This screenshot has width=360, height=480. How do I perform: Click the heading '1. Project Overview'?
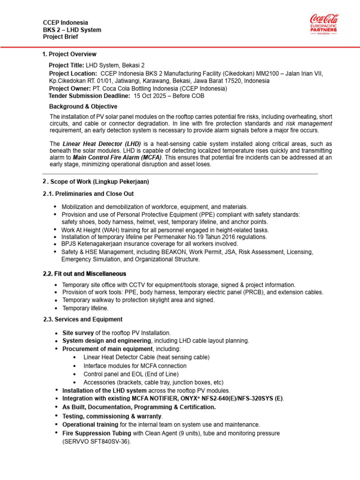click(69, 54)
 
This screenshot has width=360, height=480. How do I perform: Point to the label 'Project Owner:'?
click(69, 88)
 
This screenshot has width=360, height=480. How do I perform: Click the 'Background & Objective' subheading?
click(83, 107)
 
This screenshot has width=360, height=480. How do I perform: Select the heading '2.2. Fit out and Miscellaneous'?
click(84, 274)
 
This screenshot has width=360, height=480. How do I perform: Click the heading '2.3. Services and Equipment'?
click(82, 319)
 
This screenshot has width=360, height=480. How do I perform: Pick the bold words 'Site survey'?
click(78, 332)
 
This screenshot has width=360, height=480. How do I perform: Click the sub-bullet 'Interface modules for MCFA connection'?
click(135, 366)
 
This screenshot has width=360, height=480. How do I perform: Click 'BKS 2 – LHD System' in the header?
click(72, 30)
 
